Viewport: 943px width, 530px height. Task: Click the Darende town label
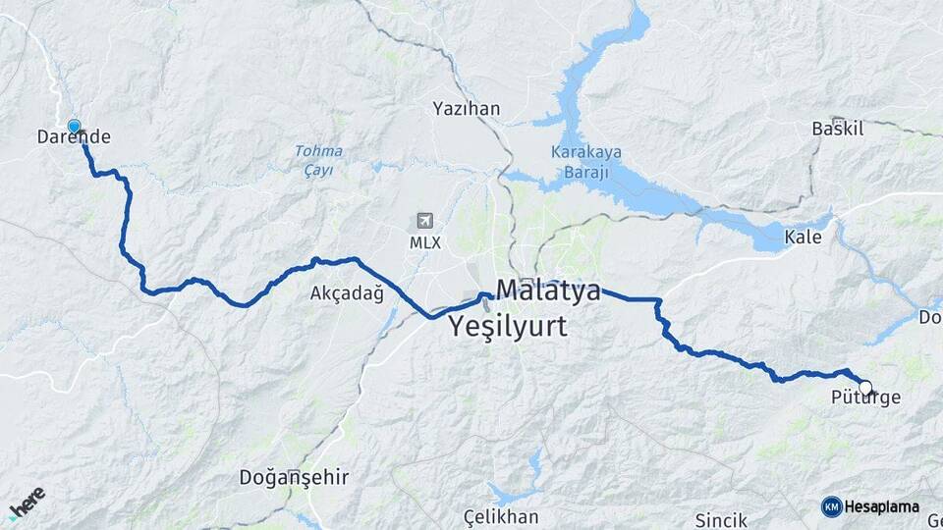pyautogui.click(x=74, y=138)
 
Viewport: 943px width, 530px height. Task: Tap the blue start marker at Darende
pyautogui.click(x=74, y=126)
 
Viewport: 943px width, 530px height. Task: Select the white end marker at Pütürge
pyautogui.click(x=864, y=387)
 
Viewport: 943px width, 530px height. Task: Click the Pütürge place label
pyautogui.click(x=864, y=398)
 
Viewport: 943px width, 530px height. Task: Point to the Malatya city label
pyautogui.click(x=548, y=291)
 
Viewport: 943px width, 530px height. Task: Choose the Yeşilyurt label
pyautogui.click(x=508, y=327)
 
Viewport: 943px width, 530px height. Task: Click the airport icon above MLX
pyautogui.click(x=424, y=220)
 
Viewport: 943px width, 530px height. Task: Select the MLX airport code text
pyautogui.click(x=424, y=240)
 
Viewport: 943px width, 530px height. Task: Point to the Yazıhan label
pyautogui.click(x=467, y=109)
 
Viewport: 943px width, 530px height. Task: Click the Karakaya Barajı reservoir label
pyautogui.click(x=581, y=162)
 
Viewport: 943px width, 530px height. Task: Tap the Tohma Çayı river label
pyautogui.click(x=318, y=160)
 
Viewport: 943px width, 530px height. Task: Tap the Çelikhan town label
pyautogui.click(x=503, y=517)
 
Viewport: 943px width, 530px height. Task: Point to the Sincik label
pyautogui.click(x=721, y=519)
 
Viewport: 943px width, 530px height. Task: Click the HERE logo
pyautogui.click(x=27, y=502)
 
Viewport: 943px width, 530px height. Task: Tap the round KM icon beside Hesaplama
pyautogui.click(x=831, y=506)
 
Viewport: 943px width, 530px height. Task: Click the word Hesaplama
pyautogui.click(x=882, y=506)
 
